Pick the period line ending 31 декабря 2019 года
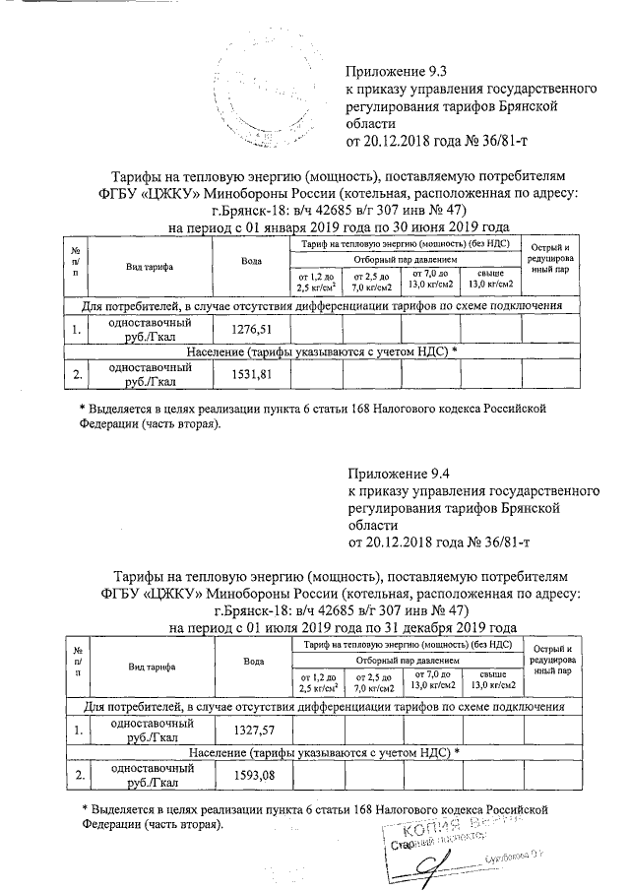point(344,627)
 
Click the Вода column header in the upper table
point(250,261)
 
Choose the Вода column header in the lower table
point(255,663)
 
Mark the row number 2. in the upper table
point(75,374)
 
